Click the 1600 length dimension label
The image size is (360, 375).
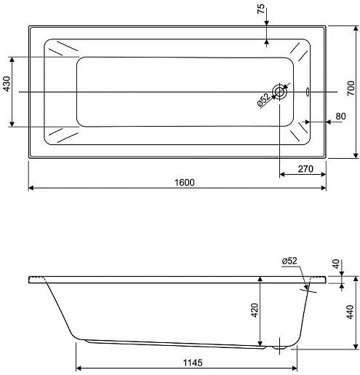(x=185, y=182)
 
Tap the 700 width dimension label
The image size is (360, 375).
(x=351, y=88)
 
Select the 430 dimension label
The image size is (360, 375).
(x=7, y=84)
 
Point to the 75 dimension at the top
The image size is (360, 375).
(x=261, y=9)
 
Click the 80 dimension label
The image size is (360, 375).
(x=340, y=117)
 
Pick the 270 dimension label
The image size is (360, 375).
(x=305, y=169)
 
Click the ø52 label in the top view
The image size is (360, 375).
(x=263, y=100)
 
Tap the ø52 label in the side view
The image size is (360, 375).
(x=289, y=261)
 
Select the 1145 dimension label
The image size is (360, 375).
(x=193, y=363)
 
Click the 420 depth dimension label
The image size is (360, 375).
(x=255, y=310)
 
